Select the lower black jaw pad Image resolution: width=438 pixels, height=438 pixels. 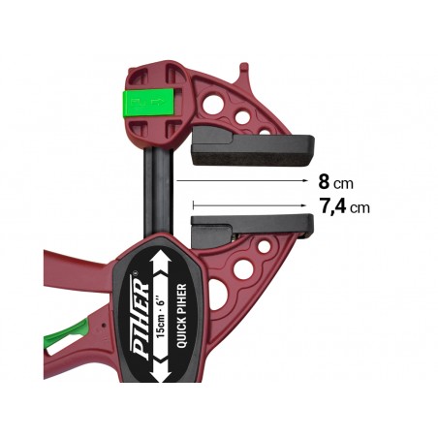pos(252,228)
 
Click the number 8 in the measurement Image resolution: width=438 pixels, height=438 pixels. pos(323,181)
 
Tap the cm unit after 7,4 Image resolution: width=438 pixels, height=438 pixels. pos(360,206)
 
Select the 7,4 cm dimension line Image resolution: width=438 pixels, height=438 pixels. pos(252,205)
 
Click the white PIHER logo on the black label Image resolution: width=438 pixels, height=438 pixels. pos(141,314)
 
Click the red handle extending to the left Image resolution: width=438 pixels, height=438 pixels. pos(73,281)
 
